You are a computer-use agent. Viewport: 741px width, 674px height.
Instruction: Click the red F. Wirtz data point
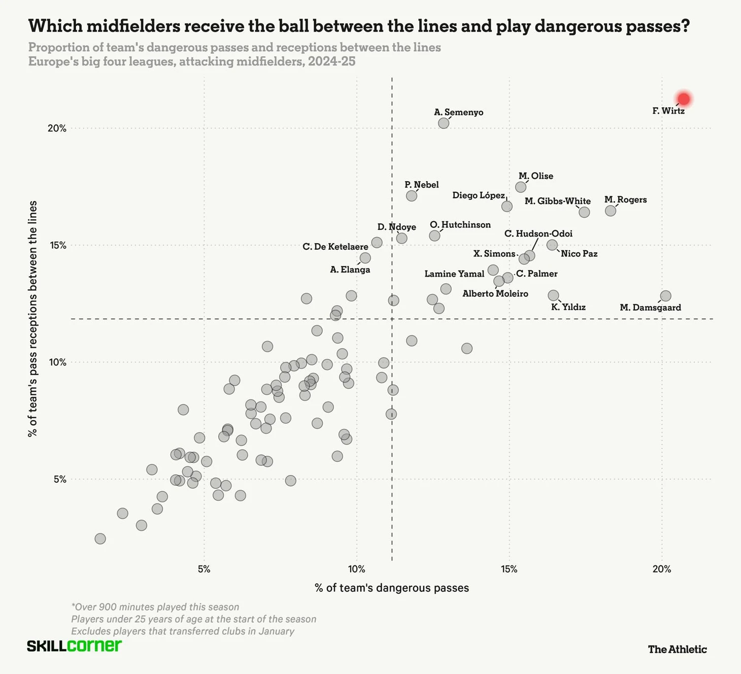(x=684, y=99)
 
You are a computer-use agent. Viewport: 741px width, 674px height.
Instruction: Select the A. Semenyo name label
(x=458, y=112)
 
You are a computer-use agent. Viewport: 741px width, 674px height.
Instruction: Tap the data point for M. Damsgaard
(x=665, y=296)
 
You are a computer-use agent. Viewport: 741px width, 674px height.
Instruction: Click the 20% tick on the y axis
(x=57, y=128)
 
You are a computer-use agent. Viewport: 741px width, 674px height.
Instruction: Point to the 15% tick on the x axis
(x=509, y=569)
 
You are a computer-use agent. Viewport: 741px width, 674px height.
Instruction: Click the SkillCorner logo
(x=74, y=646)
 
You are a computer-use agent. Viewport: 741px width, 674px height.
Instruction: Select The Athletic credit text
(x=677, y=649)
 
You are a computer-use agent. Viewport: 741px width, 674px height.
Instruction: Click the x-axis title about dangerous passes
(x=392, y=588)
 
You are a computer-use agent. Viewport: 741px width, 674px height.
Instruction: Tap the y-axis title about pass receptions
(x=32, y=319)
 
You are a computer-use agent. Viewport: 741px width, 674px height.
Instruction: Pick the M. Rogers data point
(x=611, y=211)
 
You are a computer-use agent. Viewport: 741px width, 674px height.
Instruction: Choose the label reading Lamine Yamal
(x=454, y=274)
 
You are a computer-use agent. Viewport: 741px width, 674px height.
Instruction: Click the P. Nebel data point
(x=412, y=196)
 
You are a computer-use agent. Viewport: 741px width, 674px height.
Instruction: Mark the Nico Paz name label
(x=579, y=254)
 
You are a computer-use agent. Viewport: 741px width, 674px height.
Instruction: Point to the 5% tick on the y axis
(x=60, y=479)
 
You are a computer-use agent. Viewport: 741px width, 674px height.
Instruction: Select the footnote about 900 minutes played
(x=155, y=607)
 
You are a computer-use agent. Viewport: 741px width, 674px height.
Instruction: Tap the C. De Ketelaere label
(x=335, y=247)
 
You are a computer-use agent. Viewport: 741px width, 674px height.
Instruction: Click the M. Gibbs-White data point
(x=584, y=212)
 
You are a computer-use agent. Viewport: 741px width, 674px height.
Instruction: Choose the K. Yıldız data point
(x=553, y=295)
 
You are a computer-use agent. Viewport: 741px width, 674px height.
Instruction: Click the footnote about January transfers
(x=183, y=631)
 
